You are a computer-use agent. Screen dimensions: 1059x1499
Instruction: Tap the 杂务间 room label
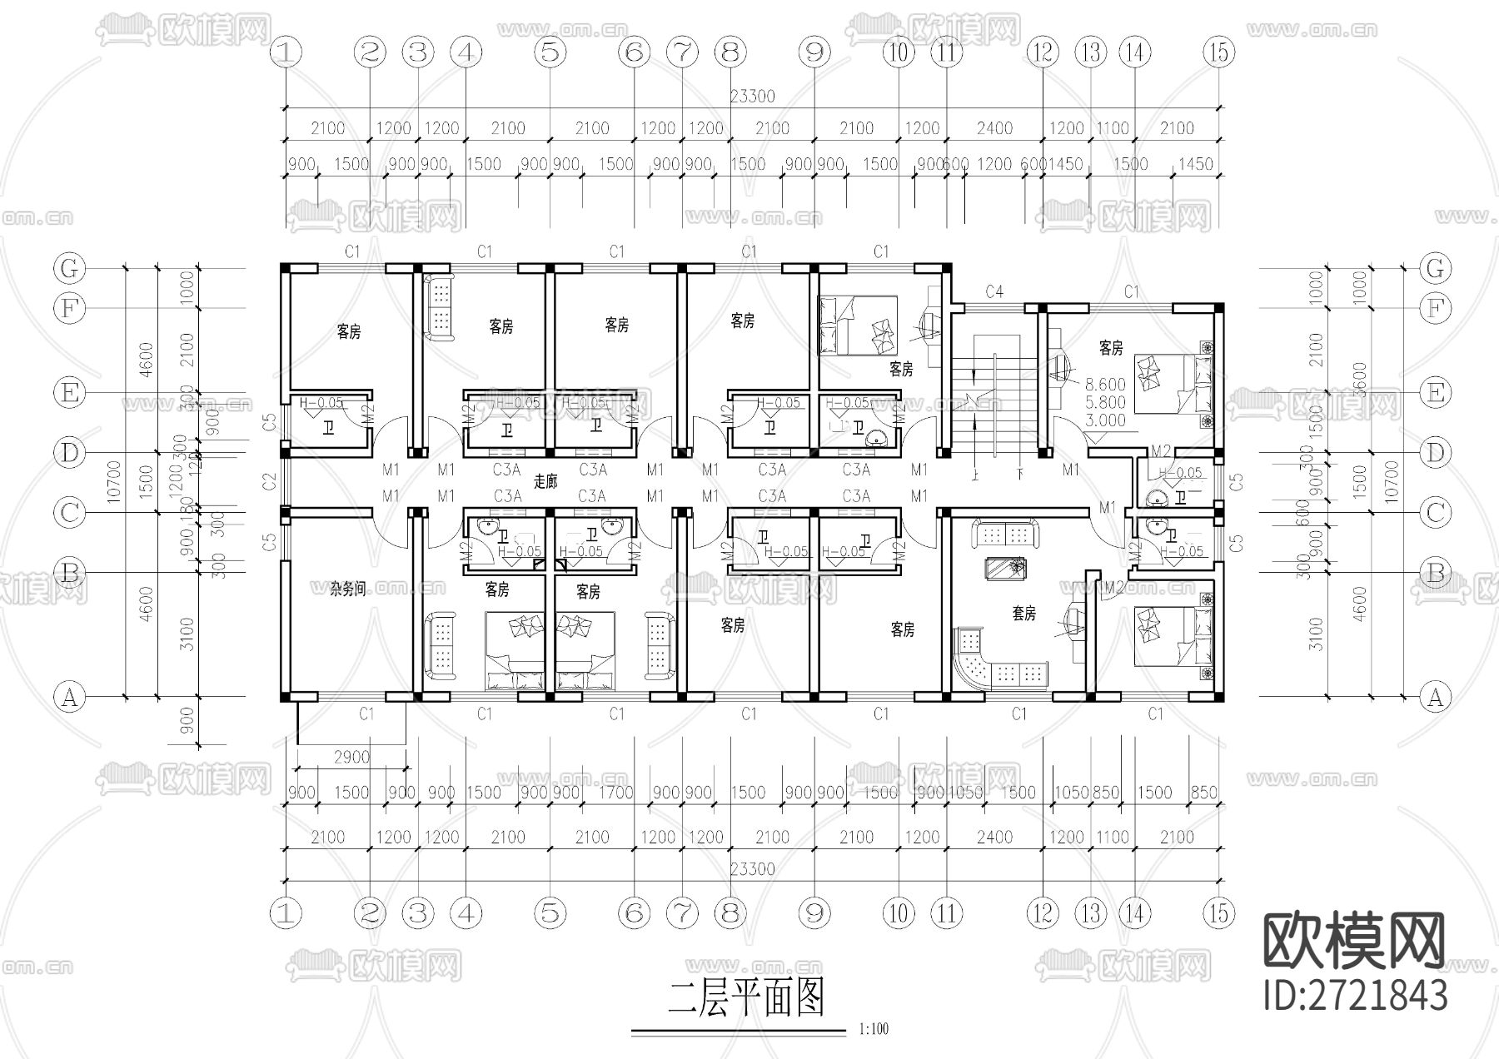coord(347,589)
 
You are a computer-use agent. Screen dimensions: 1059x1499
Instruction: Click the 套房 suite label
coord(1023,614)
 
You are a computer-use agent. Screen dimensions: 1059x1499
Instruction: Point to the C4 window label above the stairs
coord(994,291)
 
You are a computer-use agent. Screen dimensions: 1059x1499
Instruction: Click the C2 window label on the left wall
coord(269,480)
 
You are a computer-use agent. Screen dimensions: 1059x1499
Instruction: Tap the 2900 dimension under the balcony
coord(351,757)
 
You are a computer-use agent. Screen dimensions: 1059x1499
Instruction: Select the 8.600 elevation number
coord(1105,385)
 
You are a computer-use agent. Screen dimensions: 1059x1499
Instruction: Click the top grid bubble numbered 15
coord(1218,52)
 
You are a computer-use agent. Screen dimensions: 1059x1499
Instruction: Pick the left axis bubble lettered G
coord(69,268)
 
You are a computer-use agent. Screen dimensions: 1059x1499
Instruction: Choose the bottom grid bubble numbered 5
coord(550,912)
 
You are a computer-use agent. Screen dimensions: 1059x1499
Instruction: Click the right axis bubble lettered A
coord(1434,697)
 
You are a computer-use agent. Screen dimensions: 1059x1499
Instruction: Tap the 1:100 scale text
coord(873,1029)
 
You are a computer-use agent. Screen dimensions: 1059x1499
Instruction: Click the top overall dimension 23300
coord(752,97)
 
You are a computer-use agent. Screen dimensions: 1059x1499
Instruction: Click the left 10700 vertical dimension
coord(114,481)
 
